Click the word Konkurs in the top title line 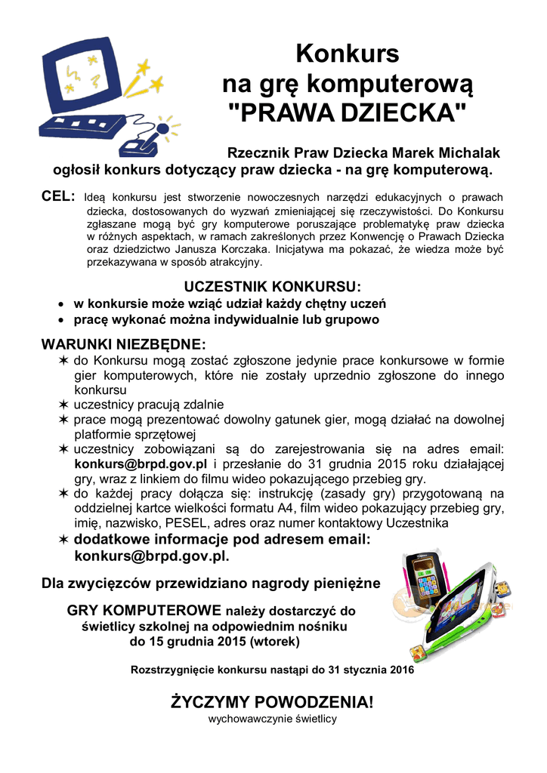[x=347, y=54]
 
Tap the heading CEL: [x=58, y=197]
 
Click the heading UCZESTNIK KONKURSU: [x=273, y=288]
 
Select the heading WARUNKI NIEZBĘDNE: [x=122, y=344]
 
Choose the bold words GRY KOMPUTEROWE [x=144, y=610]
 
